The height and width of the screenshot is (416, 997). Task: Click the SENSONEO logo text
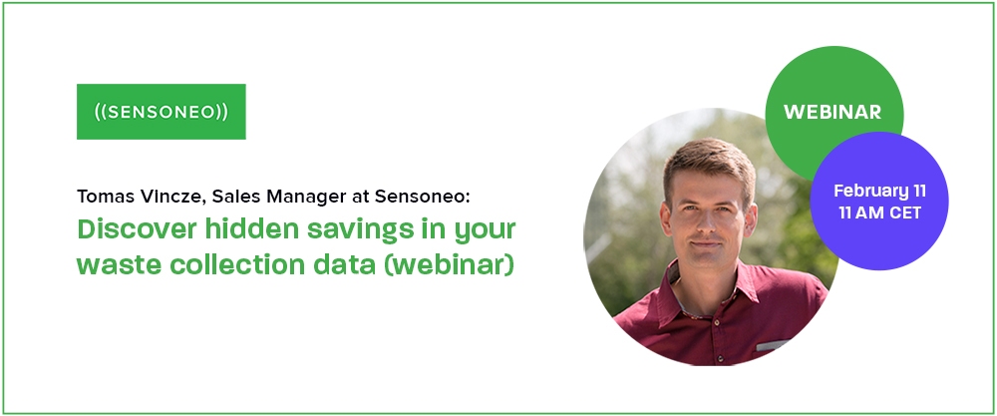pos(161,112)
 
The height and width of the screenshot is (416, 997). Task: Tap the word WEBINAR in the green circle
pos(832,112)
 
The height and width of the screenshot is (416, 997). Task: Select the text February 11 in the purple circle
pos(880,191)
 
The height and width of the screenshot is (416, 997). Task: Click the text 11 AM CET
pos(880,213)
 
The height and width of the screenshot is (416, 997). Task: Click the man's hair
pos(708,159)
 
